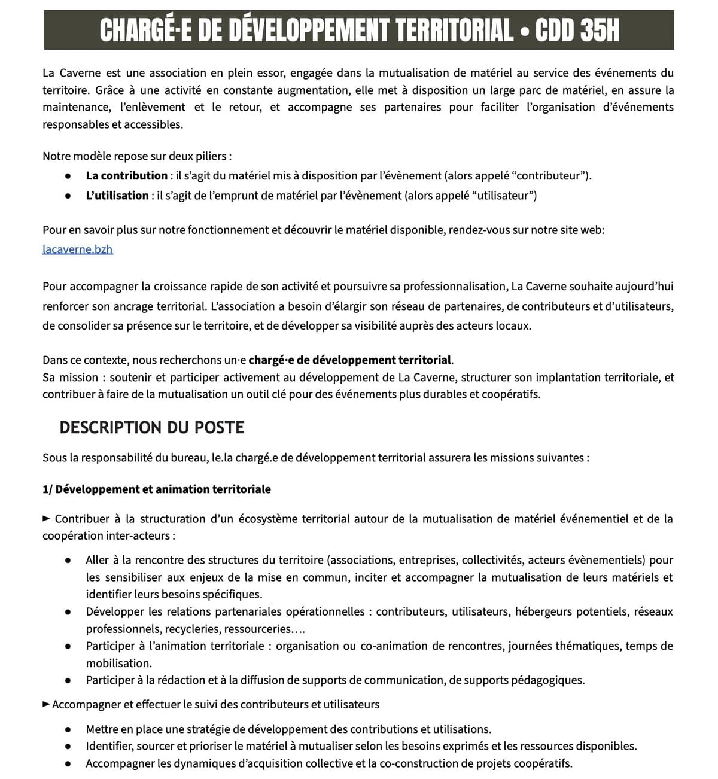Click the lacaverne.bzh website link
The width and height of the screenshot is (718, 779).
78,249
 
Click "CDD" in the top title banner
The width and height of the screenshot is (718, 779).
553,30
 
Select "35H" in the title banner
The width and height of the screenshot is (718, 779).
598,30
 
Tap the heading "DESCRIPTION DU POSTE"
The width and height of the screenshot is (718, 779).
152,427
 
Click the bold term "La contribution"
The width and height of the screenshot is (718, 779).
126,176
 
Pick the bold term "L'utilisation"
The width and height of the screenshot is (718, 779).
117,196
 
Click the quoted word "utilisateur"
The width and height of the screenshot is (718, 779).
501,196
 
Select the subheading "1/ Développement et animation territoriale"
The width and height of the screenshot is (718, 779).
157,489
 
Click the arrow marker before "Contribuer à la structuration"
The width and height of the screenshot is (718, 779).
47,519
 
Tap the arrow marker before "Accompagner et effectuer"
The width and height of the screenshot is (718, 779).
47,704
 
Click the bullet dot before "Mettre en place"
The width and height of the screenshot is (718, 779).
69,729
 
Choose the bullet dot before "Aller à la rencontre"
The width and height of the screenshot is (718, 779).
69,561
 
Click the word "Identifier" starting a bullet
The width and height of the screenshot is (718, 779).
109,746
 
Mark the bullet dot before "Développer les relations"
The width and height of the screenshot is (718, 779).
69,612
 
